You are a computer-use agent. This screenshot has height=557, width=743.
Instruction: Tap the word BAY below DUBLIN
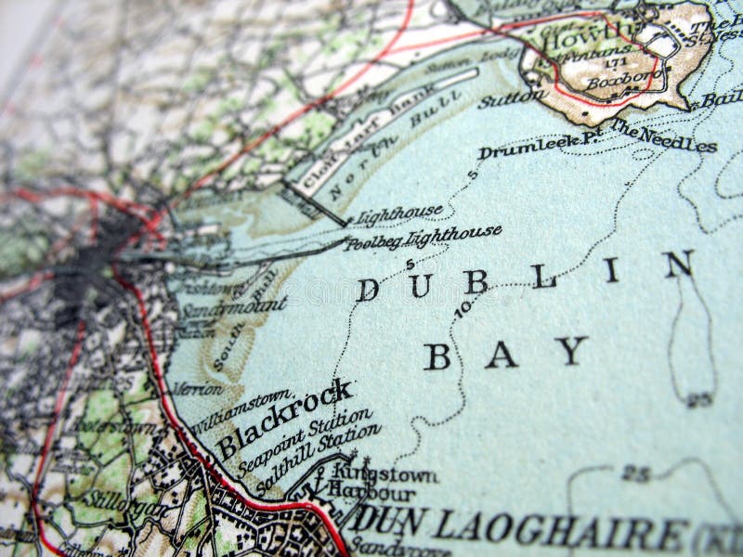506,353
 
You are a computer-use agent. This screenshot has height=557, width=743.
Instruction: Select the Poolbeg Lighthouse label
424,239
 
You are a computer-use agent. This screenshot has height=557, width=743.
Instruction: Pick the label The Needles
663,136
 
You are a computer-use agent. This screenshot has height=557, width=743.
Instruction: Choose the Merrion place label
197,388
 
